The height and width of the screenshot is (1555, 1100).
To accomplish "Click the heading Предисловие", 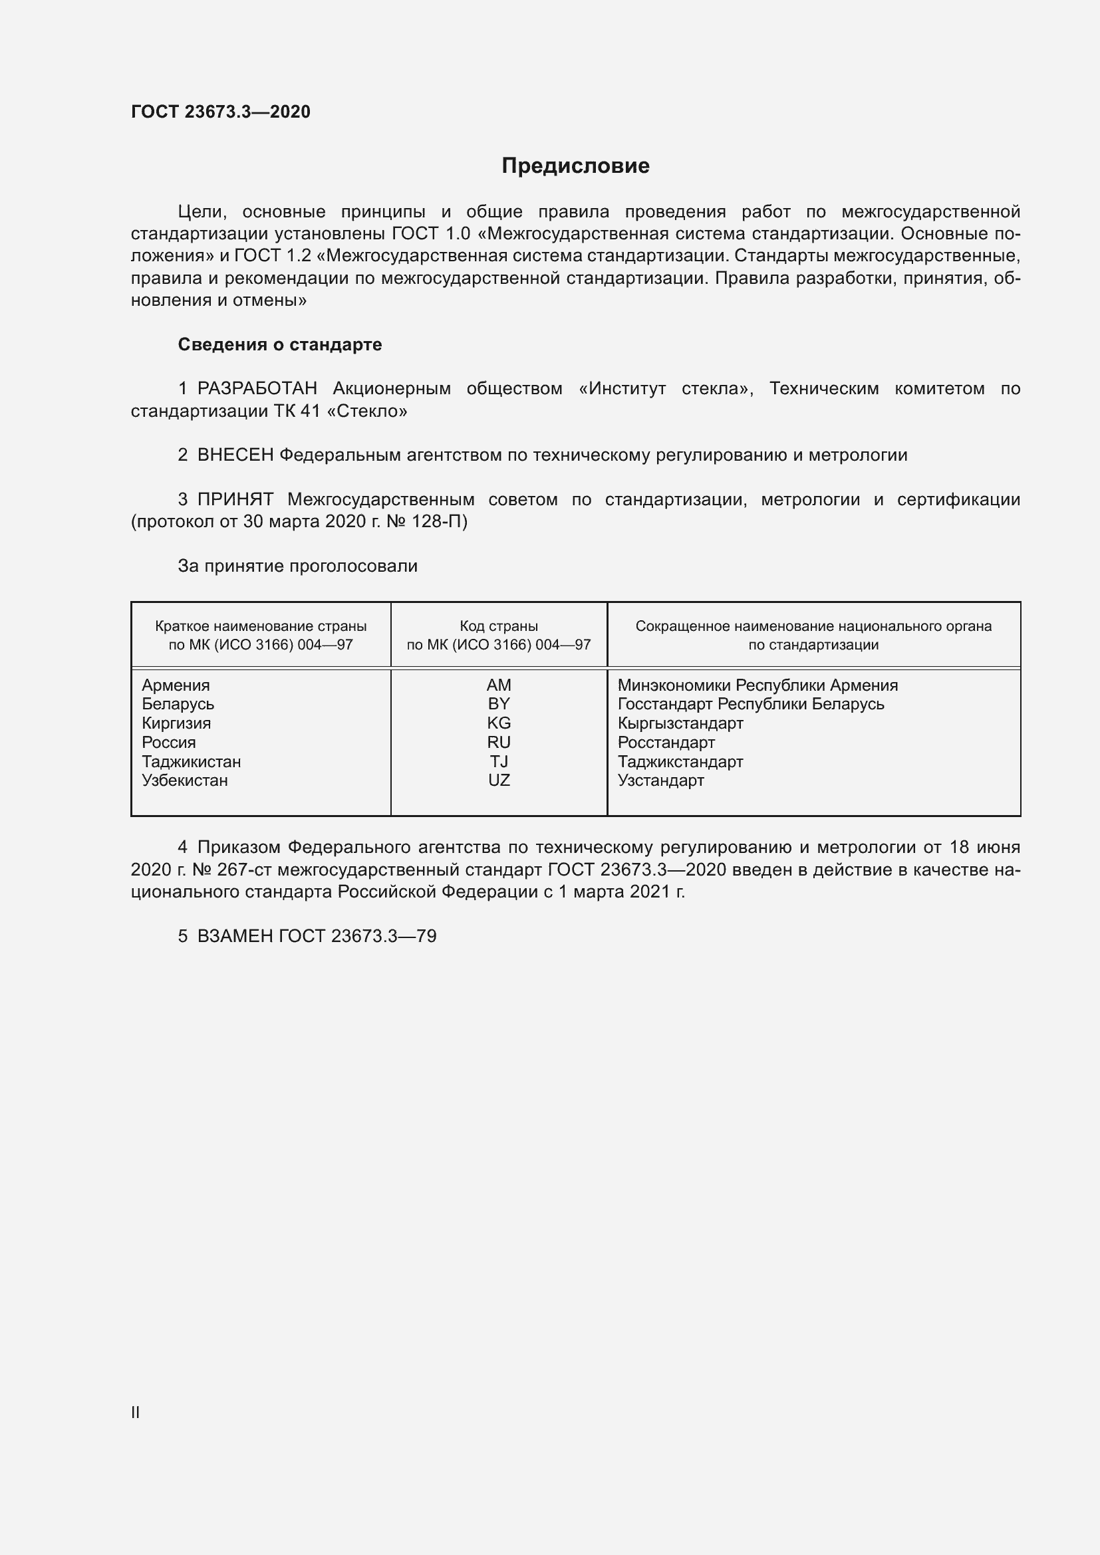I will (x=575, y=166).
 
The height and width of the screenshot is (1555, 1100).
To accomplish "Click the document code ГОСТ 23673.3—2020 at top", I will (x=220, y=112).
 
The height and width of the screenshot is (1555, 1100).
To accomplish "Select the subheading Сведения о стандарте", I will (x=280, y=345).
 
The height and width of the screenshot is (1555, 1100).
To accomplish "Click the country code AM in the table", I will (x=499, y=685).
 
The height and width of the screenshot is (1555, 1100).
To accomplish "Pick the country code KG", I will (x=499, y=723).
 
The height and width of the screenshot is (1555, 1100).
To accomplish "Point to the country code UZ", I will (x=499, y=780).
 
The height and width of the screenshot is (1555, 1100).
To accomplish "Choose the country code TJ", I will (x=499, y=761).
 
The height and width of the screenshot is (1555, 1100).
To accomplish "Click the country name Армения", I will (x=176, y=685).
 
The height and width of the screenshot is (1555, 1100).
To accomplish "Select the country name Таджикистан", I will (x=191, y=761).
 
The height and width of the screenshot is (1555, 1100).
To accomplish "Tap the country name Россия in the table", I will (x=169, y=743).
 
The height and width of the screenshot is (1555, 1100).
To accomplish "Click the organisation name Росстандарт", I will (x=666, y=743).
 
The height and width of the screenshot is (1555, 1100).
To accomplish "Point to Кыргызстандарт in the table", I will (x=680, y=723).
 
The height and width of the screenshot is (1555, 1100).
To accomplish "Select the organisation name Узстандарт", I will (x=660, y=780).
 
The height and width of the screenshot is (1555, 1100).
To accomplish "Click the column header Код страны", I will (x=499, y=626).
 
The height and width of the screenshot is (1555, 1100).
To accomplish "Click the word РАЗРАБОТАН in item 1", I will (x=257, y=389).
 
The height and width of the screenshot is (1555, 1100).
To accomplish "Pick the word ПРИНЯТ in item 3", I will (x=235, y=500).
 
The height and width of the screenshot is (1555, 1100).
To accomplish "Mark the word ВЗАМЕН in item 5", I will (x=235, y=936).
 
